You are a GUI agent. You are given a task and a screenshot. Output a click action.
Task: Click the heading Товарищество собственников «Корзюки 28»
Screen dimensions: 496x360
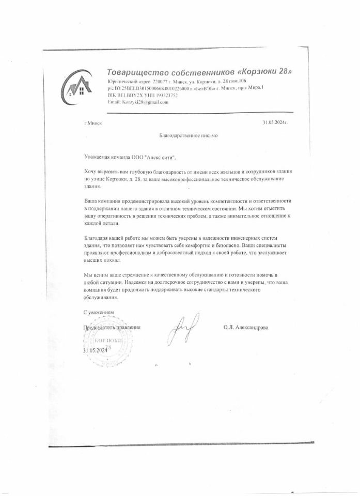pyautogui.click(x=199, y=71)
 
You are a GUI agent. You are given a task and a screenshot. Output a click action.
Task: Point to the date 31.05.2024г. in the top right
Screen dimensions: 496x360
pyautogui.click(x=274, y=122)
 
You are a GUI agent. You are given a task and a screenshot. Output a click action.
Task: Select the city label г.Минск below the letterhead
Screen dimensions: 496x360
pyautogui.click(x=93, y=123)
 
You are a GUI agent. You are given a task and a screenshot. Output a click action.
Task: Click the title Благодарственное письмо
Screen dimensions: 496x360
pyautogui.click(x=184, y=135)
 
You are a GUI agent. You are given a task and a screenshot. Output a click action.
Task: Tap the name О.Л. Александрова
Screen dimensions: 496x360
pyautogui.click(x=246, y=327)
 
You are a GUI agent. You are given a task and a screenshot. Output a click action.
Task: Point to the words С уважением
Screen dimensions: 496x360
pyautogui.click(x=99, y=313)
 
